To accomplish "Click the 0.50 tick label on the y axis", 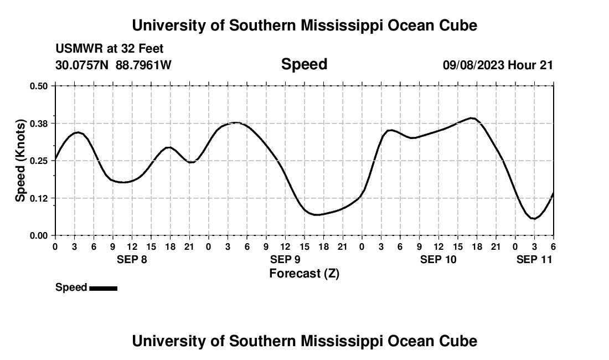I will point(39,86).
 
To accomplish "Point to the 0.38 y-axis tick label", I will point(39,123).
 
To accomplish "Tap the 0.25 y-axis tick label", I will point(39,161).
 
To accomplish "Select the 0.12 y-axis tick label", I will point(39,198).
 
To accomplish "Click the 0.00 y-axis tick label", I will point(39,236).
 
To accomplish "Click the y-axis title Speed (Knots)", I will point(20,161).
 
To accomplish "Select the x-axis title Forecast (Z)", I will point(304,273).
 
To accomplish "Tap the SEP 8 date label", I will point(132,259).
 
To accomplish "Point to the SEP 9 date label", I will point(285,259).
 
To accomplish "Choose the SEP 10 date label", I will point(438,259).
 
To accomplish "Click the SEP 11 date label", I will point(534,259).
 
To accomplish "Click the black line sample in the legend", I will point(103,288).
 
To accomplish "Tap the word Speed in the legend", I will point(71,287).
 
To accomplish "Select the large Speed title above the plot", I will point(304,64).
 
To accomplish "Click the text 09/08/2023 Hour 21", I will point(498,65).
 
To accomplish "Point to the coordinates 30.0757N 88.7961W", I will point(113,65).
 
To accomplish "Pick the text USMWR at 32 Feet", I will point(110,49).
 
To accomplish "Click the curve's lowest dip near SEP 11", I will point(534,219).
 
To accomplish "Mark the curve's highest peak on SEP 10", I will point(472,118).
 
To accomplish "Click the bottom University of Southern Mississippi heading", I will point(304,341).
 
